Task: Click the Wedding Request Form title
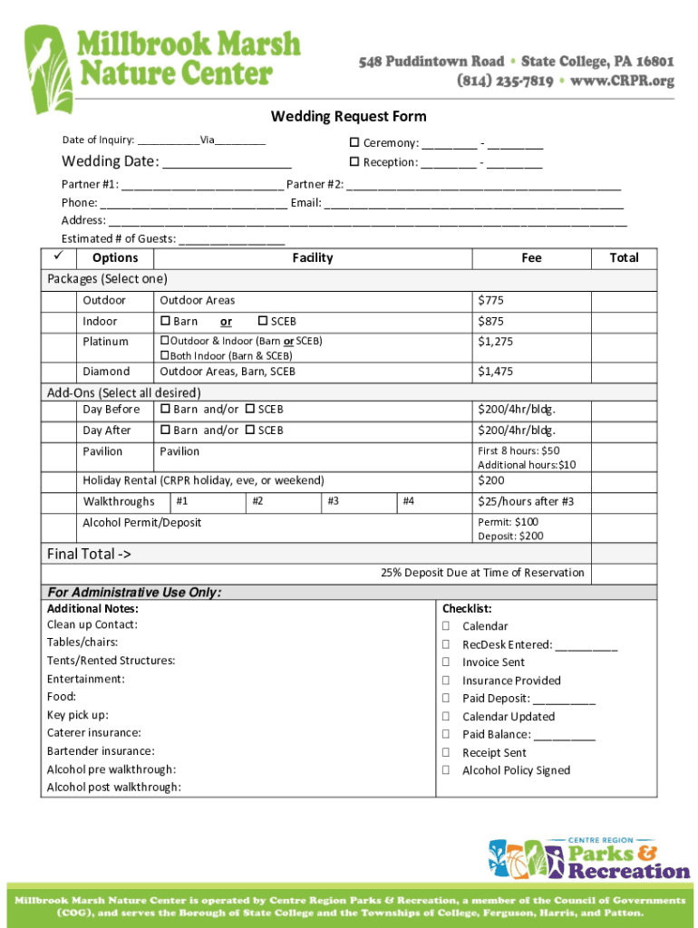pyautogui.click(x=348, y=116)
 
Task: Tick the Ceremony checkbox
pyautogui.click(x=355, y=143)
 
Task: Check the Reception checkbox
pyautogui.click(x=355, y=163)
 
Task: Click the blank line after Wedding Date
pyautogui.click(x=228, y=163)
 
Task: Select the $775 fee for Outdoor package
pyautogui.click(x=490, y=301)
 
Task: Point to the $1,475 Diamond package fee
pyautogui.click(x=495, y=372)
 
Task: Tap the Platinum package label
pyautogui.click(x=105, y=342)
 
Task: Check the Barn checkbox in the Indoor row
pyautogui.click(x=165, y=322)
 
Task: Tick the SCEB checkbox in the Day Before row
pyautogui.click(x=249, y=410)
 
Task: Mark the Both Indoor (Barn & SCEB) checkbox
pyautogui.click(x=165, y=356)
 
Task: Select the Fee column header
pyautogui.click(x=531, y=258)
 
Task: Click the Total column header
pyautogui.click(x=624, y=258)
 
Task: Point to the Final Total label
pyautogui.click(x=89, y=554)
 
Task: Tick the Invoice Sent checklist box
pyautogui.click(x=446, y=662)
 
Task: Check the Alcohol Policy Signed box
pyautogui.click(x=446, y=770)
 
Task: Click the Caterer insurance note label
pyautogui.click(x=93, y=733)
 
